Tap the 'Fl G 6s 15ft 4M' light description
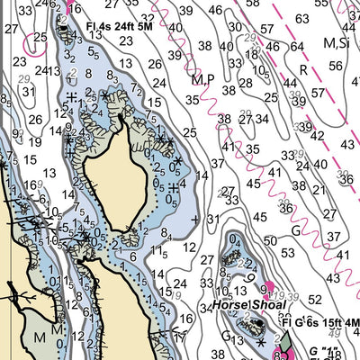click(319, 323)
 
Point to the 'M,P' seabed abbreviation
click(202, 79)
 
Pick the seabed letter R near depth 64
click(303, 68)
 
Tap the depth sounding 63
click(302, 19)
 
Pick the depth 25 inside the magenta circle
click(38, 37)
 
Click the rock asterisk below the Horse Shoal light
click(259, 344)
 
